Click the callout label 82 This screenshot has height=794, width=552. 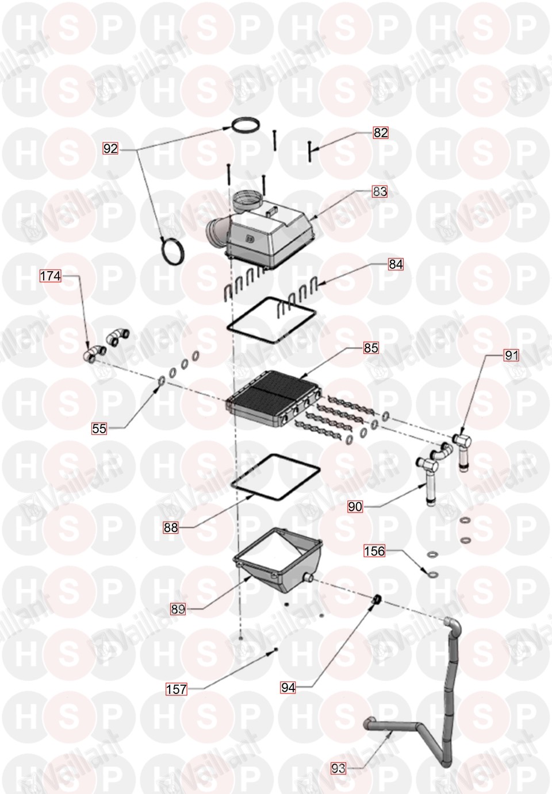pyautogui.click(x=381, y=133)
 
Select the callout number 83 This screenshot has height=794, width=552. pyautogui.click(x=379, y=191)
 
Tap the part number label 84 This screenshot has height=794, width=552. pyautogui.click(x=396, y=264)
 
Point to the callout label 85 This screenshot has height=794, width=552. pyautogui.click(x=371, y=348)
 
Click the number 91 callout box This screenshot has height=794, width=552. pyautogui.click(x=511, y=355)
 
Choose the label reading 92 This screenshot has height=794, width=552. pyautogui.click(x=110, y=148)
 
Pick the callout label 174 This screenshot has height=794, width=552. pyautogui.click(x=51, y=276)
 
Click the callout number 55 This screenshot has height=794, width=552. pyautogui.click(x=99, y=429)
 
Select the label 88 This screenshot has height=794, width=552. pyautogui.click(x=171, y=528)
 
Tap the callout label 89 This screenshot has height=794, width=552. pyautogui.click(x=178, y=609)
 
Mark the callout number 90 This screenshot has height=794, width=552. pyautogui.click(x=355, y=507)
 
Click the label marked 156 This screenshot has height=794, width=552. pyautogui.click(x=375, y=551)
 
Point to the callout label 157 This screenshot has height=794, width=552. pyautogui.click(x=177, y=689)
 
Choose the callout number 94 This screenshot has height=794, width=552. pyautogui.click(x=288, y=688)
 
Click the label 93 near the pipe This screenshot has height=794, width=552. pyautogui.click(x=338, y=769)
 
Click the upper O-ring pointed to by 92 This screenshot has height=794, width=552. pyautogui.click(x=245, y=125)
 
